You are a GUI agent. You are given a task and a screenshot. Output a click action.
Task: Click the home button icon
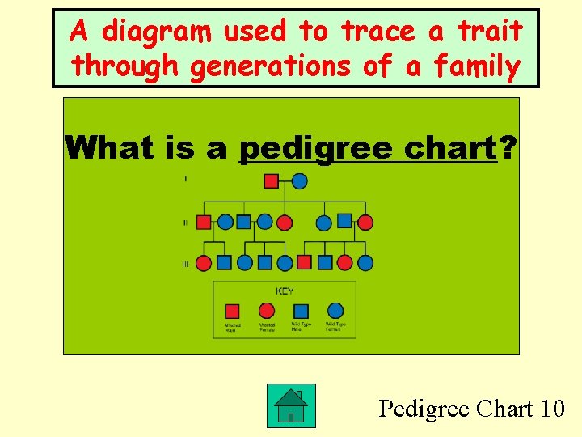[291, 406]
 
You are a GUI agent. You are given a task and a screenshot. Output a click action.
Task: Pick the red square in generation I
[272, 180]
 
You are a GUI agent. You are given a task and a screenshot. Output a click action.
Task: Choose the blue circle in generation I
[299, 180]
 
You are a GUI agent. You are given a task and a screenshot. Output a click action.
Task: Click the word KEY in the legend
[285, 291]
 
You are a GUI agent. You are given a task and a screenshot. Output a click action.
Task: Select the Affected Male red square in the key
[233, 311]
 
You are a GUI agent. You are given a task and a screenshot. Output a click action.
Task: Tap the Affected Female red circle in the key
[267, 311]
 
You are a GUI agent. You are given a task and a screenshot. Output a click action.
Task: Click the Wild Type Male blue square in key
[301, 311]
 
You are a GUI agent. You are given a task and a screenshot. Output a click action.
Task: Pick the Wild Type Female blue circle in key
[335, 311]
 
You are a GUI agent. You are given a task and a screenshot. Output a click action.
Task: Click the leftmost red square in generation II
[205, 222]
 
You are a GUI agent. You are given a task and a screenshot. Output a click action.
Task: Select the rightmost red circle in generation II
[365, 222]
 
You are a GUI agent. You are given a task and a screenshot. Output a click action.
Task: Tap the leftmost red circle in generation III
[205, 263]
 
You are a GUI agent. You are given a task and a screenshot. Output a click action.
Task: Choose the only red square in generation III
[304, 262]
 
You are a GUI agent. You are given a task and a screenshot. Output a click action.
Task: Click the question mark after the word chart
[508, 148]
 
